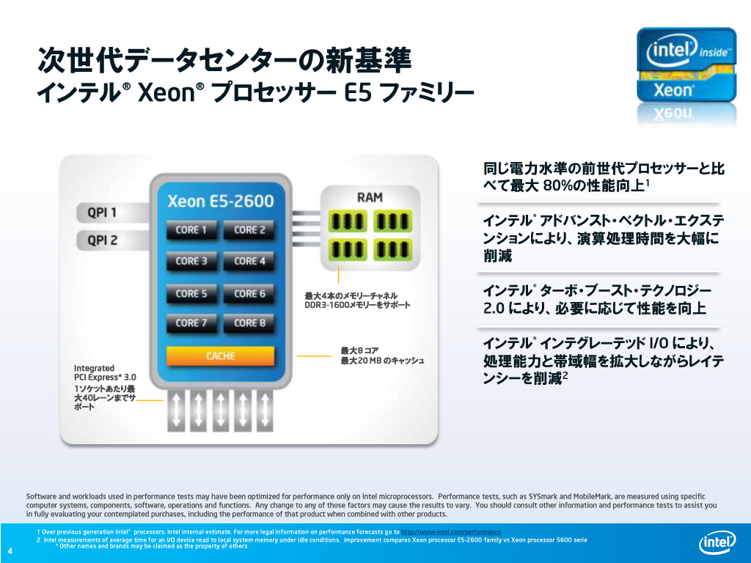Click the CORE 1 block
[191, 229]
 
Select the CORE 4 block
[249, 261]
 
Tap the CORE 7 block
[191, 323]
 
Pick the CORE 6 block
[249, 293]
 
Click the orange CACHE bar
[220, 356]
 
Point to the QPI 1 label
[102, 213]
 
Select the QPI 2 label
[102, 240]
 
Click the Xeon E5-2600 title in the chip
[220, 201]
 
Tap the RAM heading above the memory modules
[370, 197]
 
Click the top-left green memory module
[347, 221]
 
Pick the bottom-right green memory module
[392, 249]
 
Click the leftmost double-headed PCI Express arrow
[176, 411]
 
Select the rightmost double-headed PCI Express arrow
[265, 411]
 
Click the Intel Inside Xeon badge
[686, 65]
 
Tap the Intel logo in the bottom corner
[717, 542]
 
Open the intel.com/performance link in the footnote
[451, 532]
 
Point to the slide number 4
[10, 551]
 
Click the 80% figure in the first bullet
[560, 185]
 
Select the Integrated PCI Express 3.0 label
[105, 372]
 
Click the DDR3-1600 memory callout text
[357, 305]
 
